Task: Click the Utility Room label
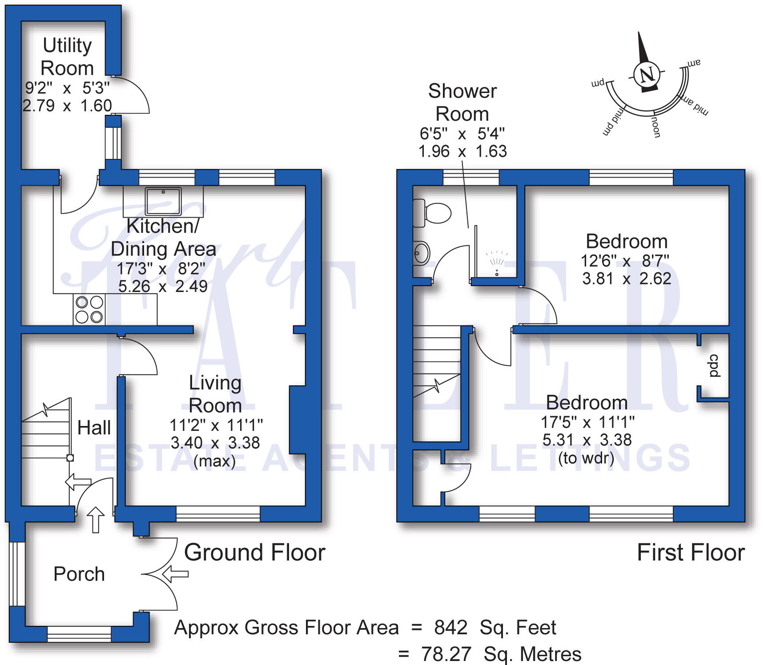tap(67, 57)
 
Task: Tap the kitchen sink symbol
tap(163, 200)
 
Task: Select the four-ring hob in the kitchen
tap(89, 309)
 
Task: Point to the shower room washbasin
tap(421, 253)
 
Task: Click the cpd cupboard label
tap(714, 366)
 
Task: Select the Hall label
tap(94, 428)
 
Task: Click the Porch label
tap(79, 574)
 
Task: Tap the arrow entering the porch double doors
tap(175, 574)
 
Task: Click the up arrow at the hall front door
tap(96, 519)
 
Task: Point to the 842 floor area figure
tap(450, 628)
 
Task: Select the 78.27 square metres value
tap(446, 654)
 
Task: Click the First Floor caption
tap(691, 553)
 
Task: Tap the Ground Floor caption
tap(255, 553)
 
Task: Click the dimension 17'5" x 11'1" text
tap(587, 422)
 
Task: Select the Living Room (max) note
tap(214, 461)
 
